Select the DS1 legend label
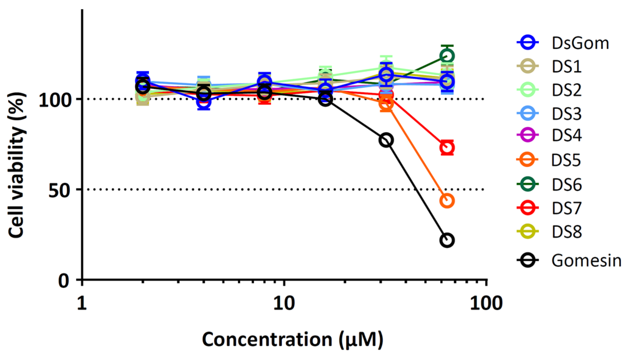[x=566, y=67]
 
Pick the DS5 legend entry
[x=565, y=160]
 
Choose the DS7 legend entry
[x=566, y=208]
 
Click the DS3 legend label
[x=566, y=114]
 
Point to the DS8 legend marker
[x=528, y=232]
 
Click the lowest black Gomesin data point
[x=447, y=240]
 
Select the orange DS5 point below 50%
[x=447, y=201]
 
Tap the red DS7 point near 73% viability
[x=447, y=148]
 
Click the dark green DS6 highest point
[x=447, y=56]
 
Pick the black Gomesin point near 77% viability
[x=386, y=140]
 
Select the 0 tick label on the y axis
[x=64, y=281]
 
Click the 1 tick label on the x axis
[x=82, y=304]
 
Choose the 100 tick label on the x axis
[x=486, y=304]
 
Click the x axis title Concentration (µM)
[x=293, y=339]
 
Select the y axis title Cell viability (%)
[x=16, y=165]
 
